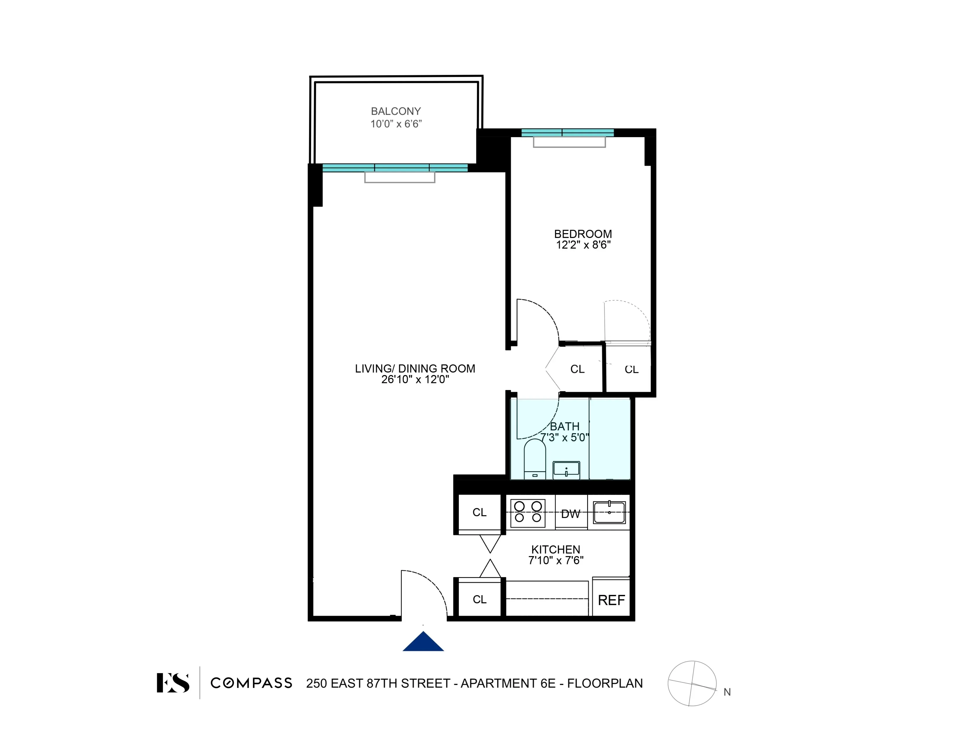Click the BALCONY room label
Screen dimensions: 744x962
[x=396, y=111]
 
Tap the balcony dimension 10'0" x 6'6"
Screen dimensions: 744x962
[x=396, y=124]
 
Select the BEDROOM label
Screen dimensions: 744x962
[x=583, y=234]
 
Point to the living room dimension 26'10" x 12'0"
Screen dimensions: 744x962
[x=415, y=380]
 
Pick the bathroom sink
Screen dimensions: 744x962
[x=566, y=470]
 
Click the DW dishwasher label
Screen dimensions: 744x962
[x=570, y=514]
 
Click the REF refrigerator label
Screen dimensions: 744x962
[x=611, y=600]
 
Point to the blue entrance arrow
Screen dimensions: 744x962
[x=423, y=642]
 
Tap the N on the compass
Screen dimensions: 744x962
[x=727, y=692]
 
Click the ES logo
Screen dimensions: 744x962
[x=173, y=683]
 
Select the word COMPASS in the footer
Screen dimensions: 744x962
[x=251, y=683]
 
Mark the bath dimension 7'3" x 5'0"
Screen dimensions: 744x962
[x=565, y=437]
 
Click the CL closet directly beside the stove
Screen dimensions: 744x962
[x=479, y=512]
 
